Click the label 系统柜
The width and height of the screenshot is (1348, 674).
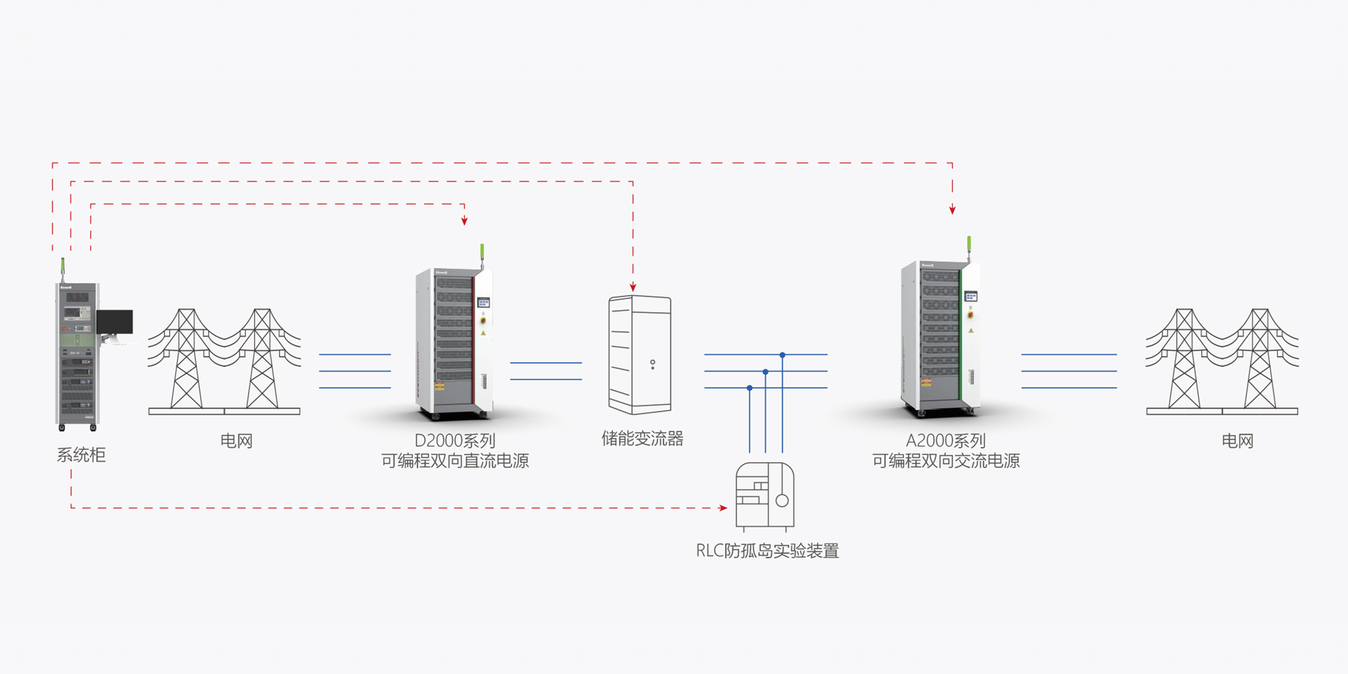tap(81, 455)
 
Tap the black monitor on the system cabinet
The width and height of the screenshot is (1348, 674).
tap(115, 322)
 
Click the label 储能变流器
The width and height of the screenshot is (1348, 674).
tap(642, 439)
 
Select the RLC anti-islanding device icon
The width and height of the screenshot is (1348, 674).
tap(765, 495)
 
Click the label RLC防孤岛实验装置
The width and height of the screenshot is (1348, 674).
tap(767, 551)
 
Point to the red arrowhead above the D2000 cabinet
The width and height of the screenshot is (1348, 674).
tap(464, 221)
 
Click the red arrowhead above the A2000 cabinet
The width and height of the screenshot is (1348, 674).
tap(952, 210)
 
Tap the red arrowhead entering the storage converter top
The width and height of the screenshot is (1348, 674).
tap(633, 287)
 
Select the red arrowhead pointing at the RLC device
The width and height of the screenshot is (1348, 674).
tap(723, 508)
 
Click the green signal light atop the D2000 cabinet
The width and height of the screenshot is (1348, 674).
tap(482, 251)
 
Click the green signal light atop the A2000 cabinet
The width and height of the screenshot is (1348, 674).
tap(969, 243)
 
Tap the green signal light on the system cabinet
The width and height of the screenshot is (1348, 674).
tap(63, 265)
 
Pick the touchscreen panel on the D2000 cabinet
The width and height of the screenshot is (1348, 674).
tap(484, 302)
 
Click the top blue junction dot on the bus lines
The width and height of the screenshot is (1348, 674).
tap(782, 355)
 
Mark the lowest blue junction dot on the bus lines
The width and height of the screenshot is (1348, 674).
tap(749, 388)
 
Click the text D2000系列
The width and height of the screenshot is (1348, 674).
tap(455, 441)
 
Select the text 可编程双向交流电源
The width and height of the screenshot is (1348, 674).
tap(946, 461)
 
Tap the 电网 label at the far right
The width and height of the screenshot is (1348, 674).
tap(1237, 441)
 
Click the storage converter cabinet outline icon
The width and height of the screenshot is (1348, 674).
tap(640, 355)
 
